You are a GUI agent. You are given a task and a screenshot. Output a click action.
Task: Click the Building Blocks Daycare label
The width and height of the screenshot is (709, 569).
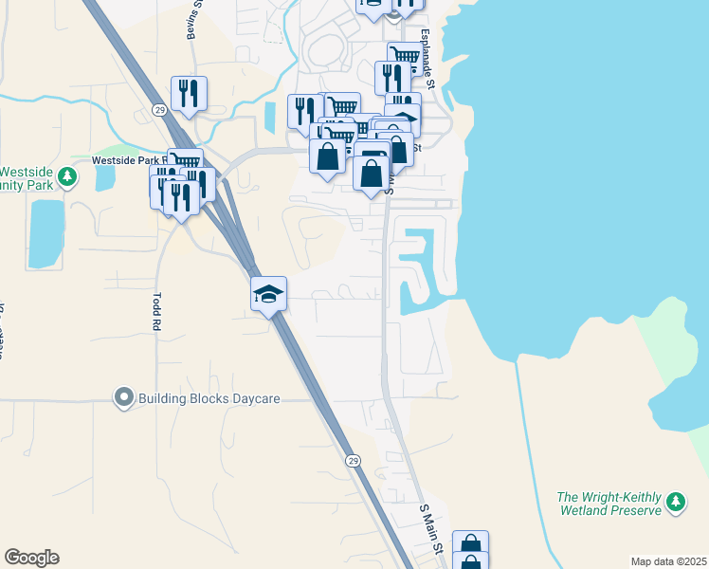[209, 398]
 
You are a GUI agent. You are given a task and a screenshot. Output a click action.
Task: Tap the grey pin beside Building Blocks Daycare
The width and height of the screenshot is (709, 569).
[123, 398]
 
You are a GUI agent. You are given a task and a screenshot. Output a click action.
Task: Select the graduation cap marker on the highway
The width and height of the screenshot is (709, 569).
[268, 294]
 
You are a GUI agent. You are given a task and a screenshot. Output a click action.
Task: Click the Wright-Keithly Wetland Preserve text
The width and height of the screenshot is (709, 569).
[608, 504]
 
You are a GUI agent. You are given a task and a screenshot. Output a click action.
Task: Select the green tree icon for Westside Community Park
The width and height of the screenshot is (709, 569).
[67, 177]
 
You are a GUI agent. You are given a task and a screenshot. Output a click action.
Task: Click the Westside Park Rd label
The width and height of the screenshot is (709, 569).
[129, 161]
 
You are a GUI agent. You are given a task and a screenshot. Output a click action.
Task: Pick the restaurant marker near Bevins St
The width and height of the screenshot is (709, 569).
[189, 93]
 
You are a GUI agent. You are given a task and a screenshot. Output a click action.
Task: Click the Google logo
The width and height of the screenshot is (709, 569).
[31, 558]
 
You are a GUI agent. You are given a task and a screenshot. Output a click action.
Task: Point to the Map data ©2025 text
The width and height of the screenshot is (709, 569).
[667, 561]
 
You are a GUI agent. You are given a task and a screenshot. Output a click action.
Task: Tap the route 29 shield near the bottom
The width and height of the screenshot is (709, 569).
[353, 460]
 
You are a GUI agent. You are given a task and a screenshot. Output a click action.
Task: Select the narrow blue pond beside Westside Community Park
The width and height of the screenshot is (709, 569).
[45, 232]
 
